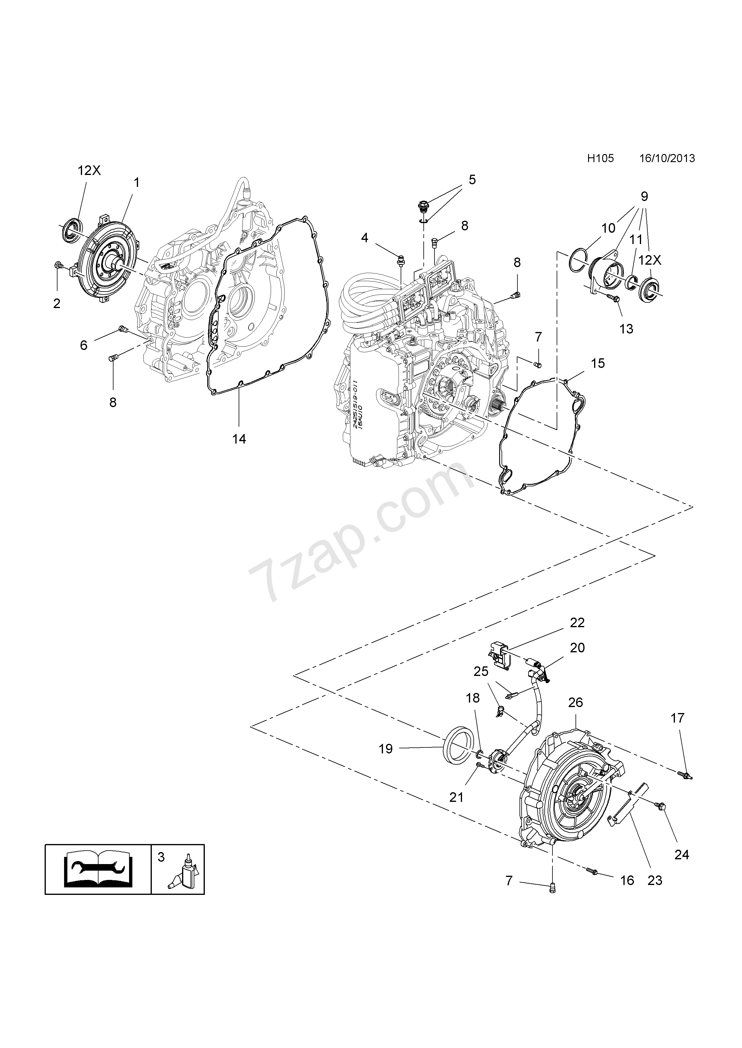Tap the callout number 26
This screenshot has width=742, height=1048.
tap(576, 703)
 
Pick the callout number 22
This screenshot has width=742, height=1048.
tap(577, 623)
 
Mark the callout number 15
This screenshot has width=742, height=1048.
tap(598, 363)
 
